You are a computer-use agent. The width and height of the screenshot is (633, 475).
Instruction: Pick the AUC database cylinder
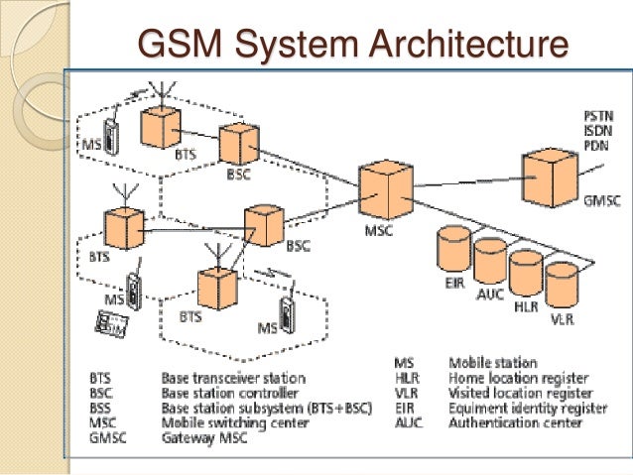click(x=491, y=263)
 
